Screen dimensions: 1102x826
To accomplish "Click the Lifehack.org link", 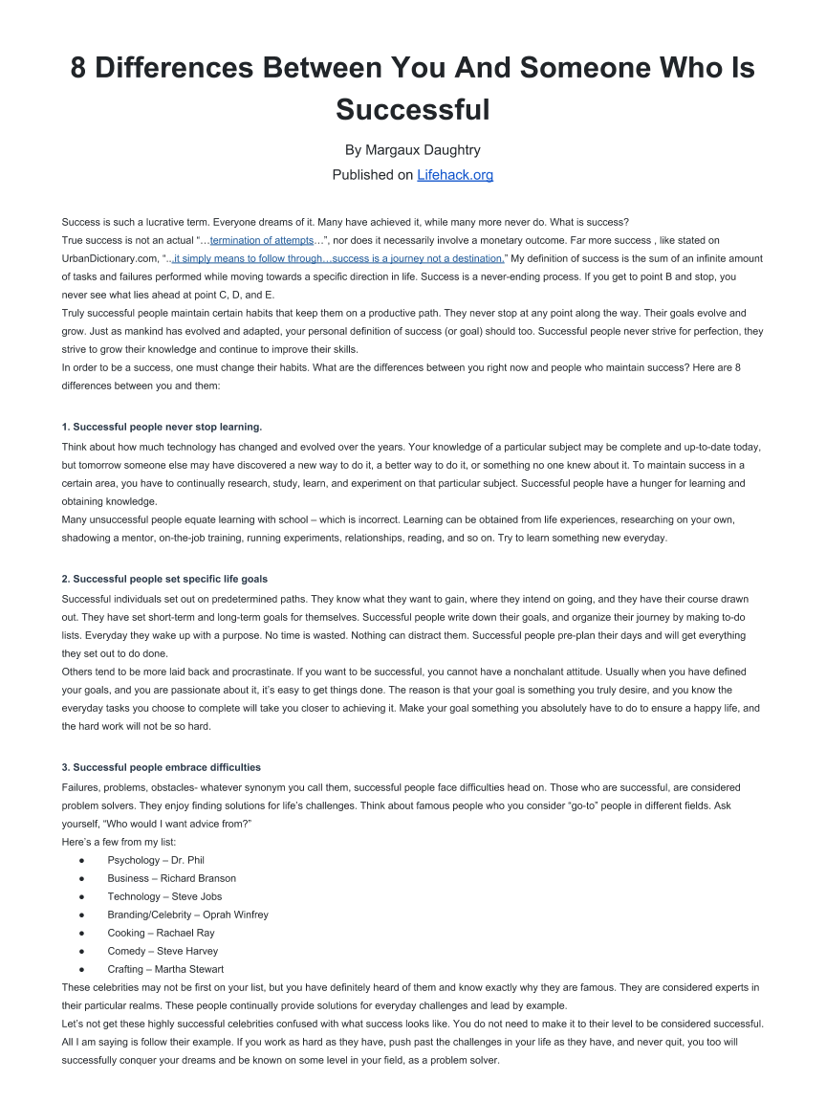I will coord(455,175).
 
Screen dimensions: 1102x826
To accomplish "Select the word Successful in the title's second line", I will coord(412,109).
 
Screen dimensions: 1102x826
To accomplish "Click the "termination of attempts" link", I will coord(262,240).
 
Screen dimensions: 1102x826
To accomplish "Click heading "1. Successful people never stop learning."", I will coord(162,427).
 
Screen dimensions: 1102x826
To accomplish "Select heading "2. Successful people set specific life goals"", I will coord(164,579).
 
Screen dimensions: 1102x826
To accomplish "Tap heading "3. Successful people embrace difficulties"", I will coord(161,767).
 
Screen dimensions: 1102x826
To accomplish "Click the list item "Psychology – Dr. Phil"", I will coord(156,860).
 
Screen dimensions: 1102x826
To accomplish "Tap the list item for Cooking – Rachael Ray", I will coord(161,933).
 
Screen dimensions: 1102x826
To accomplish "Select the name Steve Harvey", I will coord(187,951).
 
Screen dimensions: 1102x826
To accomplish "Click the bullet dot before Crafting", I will coord(83,969).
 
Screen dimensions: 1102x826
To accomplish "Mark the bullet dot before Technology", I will coord(83,896).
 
